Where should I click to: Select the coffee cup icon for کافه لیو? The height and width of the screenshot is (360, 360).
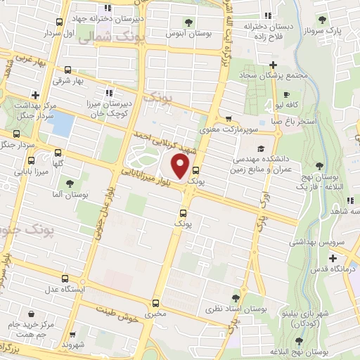point(286,94)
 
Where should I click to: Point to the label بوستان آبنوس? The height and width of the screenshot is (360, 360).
point(186,32)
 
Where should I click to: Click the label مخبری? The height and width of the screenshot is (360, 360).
point(155,314)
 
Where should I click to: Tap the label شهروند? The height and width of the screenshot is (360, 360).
point(72,345)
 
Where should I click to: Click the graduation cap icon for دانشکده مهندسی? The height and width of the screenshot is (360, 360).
point(262,150)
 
